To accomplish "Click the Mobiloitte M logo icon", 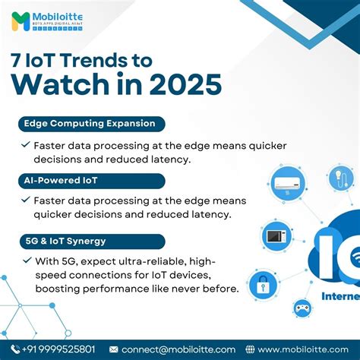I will coord(21,21).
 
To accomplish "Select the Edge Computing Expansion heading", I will coord(90,123).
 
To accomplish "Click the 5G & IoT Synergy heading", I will coord(64,240).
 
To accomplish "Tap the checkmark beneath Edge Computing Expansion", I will coord(27,144).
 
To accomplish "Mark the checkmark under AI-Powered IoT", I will coord(27,201).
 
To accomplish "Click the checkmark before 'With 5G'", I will coord(27,261).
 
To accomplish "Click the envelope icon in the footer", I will coord(114,349).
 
